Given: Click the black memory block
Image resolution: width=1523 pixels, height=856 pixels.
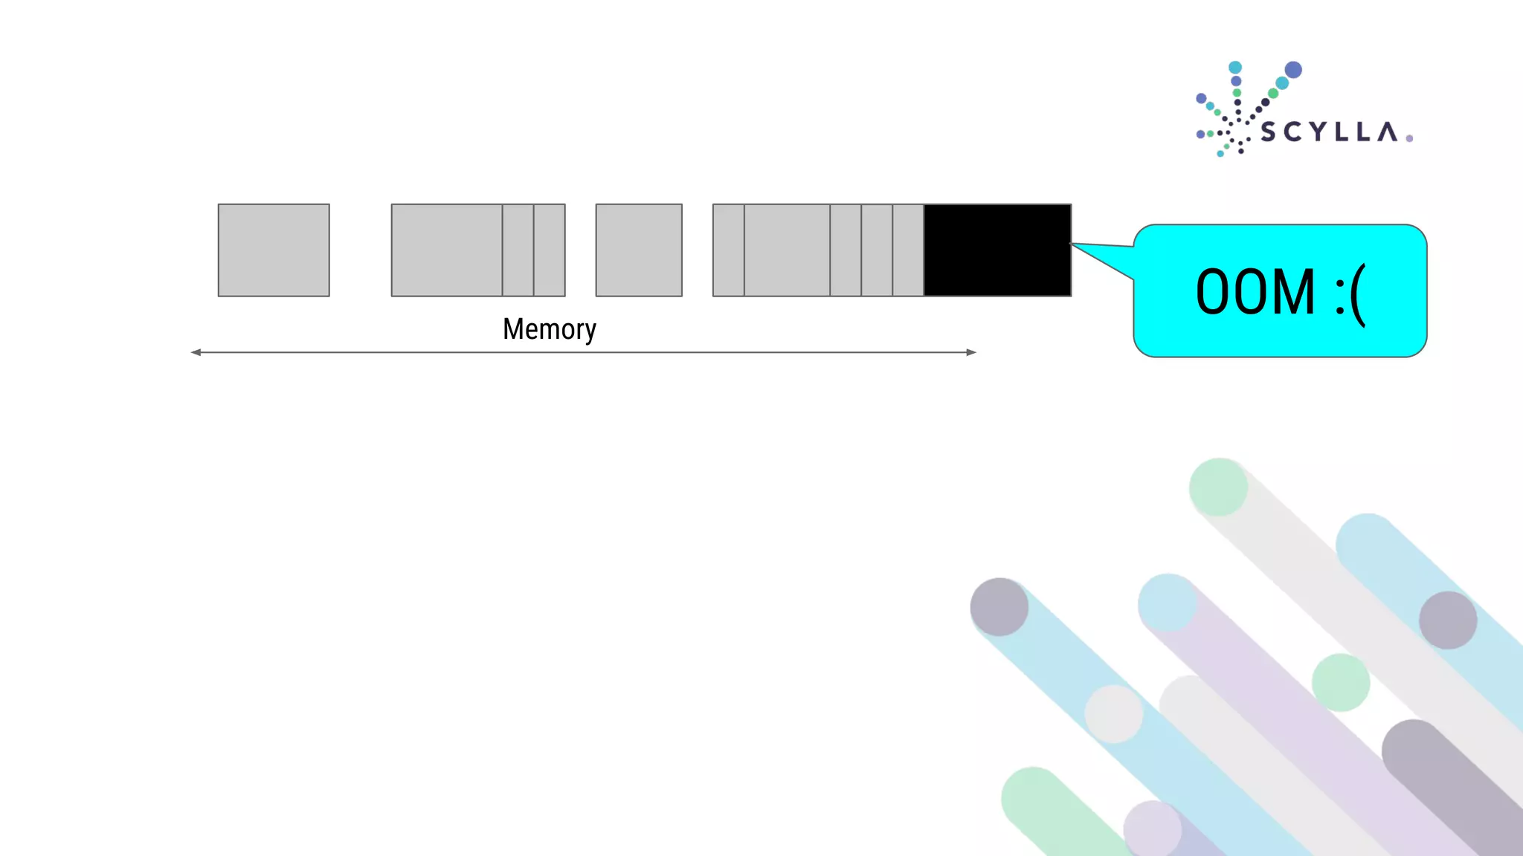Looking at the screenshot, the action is click(997, 250).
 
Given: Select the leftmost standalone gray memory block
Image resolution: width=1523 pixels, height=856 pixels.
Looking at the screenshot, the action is click(274, 250).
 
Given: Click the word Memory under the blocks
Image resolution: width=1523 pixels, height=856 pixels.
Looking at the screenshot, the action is click(549, 329).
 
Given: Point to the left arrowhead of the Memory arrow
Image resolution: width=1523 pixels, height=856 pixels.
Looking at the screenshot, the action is click(196, 352).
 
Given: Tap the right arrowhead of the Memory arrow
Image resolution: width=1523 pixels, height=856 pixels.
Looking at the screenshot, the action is click(971, 352).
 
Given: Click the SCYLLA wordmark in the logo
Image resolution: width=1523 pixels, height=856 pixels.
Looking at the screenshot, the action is click(1328, 132).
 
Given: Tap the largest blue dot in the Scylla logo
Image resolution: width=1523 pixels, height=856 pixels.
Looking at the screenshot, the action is click(1293, 70).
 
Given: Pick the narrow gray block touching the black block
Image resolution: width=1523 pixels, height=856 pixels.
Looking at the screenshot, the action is click(908, 250).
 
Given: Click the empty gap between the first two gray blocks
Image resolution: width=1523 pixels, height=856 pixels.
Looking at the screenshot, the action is click(361, 250).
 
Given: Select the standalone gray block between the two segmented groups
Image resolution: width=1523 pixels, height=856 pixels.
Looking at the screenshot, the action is click(639, 250).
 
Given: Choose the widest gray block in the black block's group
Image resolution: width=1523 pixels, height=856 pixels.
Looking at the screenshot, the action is click(787, 250).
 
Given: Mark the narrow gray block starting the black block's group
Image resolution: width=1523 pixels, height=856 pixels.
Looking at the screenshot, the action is click(729, 250).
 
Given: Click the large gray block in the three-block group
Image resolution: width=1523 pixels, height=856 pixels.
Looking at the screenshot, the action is click(447, 250).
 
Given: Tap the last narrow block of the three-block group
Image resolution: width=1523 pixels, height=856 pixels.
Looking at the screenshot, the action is click(550, 250).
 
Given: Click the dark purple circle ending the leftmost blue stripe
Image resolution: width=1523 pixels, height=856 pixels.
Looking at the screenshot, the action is click(999, 607).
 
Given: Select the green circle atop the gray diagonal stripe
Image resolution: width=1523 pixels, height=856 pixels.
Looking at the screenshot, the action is click(1218, 487).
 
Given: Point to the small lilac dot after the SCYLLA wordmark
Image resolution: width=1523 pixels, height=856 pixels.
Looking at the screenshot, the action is click(1409, 138).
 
